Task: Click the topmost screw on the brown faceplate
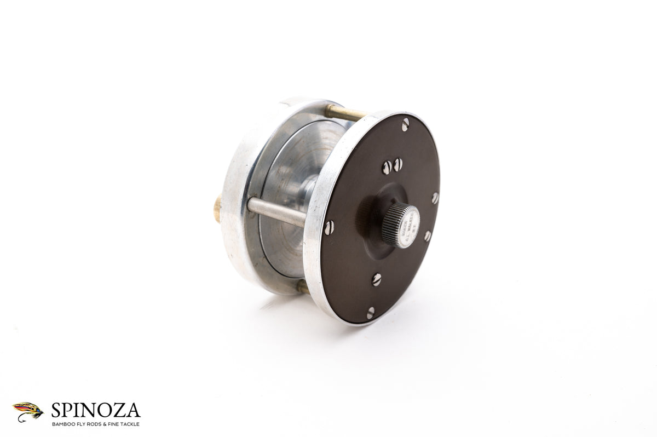pyautogui.click(x=405, y=125)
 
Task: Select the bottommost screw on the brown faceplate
pyautogui.click(x=371, y=313)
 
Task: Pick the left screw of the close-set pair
pyautogui.click(x=387, y=166)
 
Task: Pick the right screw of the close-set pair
pyautogui.click(x=398, y=164)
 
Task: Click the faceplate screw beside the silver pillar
pyautogui.click(x=328, y=227)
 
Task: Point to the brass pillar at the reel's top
pyautogui.click(x=343, y=113)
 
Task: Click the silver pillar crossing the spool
pyautogui.click(x=276, y=211)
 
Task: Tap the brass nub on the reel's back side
pyautogui.click(x=217, y=208)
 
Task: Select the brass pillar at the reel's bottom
pyautogui.click(x=302, y=287)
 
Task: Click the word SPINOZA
pyautogui.click(x=96, y=410)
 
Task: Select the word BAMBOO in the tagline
pyautogui.click(x=63, y=424)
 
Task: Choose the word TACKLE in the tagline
pyautogui.click(x=130, y=424)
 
